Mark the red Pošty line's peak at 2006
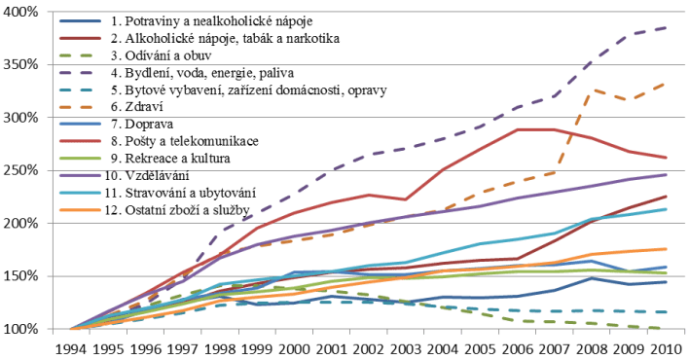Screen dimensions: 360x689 [x=516, y=128]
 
